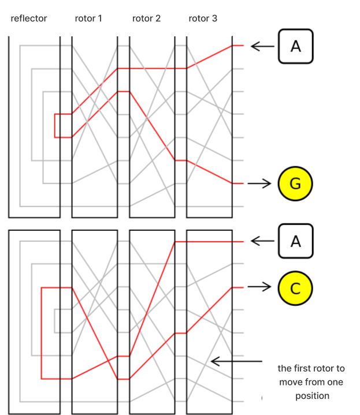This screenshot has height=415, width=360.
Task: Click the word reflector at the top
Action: click(x=29, y=18)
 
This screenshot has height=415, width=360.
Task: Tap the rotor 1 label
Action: click(x=88, y=18)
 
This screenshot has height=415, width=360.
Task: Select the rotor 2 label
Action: click(x=147, y=18)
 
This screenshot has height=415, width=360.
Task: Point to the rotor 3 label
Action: click(x=203, y=18)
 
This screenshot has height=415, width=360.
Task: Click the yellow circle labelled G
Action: click(x=295, y=184)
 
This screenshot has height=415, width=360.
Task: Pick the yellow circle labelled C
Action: click(x=295, y=288)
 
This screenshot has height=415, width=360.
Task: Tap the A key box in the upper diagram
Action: click(x=296, y=46)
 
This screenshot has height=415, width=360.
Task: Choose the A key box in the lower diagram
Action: click(x=296, y=241)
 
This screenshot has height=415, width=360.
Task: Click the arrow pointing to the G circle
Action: click(x=259, y=184)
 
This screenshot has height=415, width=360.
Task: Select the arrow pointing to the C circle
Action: click(x=259, y=287)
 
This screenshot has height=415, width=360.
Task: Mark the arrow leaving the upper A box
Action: click(x=262, y=46)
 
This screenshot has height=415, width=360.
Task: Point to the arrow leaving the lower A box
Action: click(x=262, y=241)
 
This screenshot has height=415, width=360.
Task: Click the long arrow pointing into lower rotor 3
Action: click(x=236, y=361)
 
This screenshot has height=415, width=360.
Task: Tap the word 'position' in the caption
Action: click(x=312, y=396)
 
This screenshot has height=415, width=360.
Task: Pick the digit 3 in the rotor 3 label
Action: click(x=214, y=18)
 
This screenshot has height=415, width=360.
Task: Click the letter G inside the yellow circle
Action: click(x=295, y=184)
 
